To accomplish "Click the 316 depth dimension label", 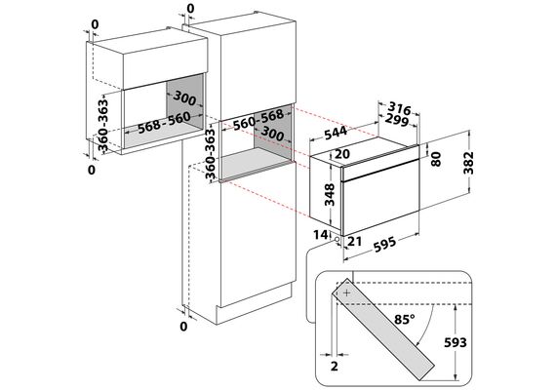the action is click(399, 108).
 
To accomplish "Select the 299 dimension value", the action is click(397, 120).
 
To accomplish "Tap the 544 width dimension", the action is click(336, 133).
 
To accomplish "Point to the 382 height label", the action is click(468, 163).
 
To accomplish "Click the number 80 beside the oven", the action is click(435, 159).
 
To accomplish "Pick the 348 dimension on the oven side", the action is click(330, 194).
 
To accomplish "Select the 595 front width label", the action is click(383, 245).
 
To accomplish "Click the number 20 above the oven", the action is click(341, 154).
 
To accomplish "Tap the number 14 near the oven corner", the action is click(321, 235).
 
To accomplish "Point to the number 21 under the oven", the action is click(354, 242).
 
